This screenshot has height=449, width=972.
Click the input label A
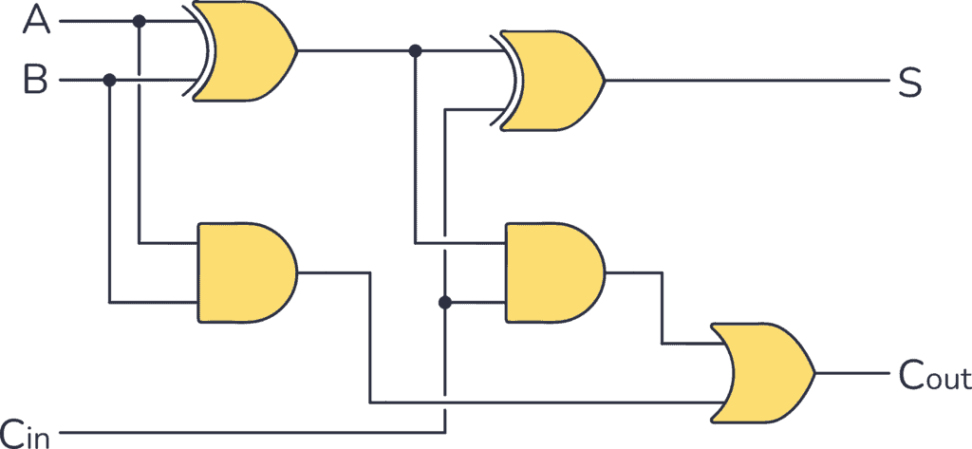(x=36, y=19)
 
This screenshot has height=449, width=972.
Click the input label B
(x=36, y=80)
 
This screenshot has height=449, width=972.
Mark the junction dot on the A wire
(x=140, y=20)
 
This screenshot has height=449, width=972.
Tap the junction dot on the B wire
(x=109, y=81)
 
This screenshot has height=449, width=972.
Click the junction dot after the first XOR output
(x=414, y=50)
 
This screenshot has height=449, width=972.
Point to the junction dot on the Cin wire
(x=443, y=303)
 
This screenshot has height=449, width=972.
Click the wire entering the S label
(x=759, y=81)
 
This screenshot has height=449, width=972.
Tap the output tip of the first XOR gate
(x=297, y=50)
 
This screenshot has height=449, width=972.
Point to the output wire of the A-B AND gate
(x=332, y=272)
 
